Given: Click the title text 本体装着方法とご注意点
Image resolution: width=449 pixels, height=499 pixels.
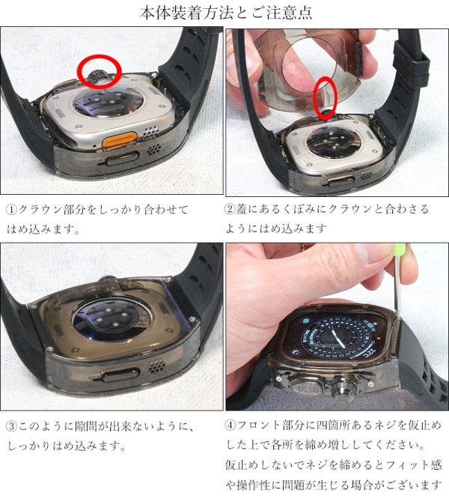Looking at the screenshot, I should [x=225, y=13].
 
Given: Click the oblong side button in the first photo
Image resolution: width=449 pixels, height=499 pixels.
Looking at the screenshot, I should [x=119, y=159].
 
